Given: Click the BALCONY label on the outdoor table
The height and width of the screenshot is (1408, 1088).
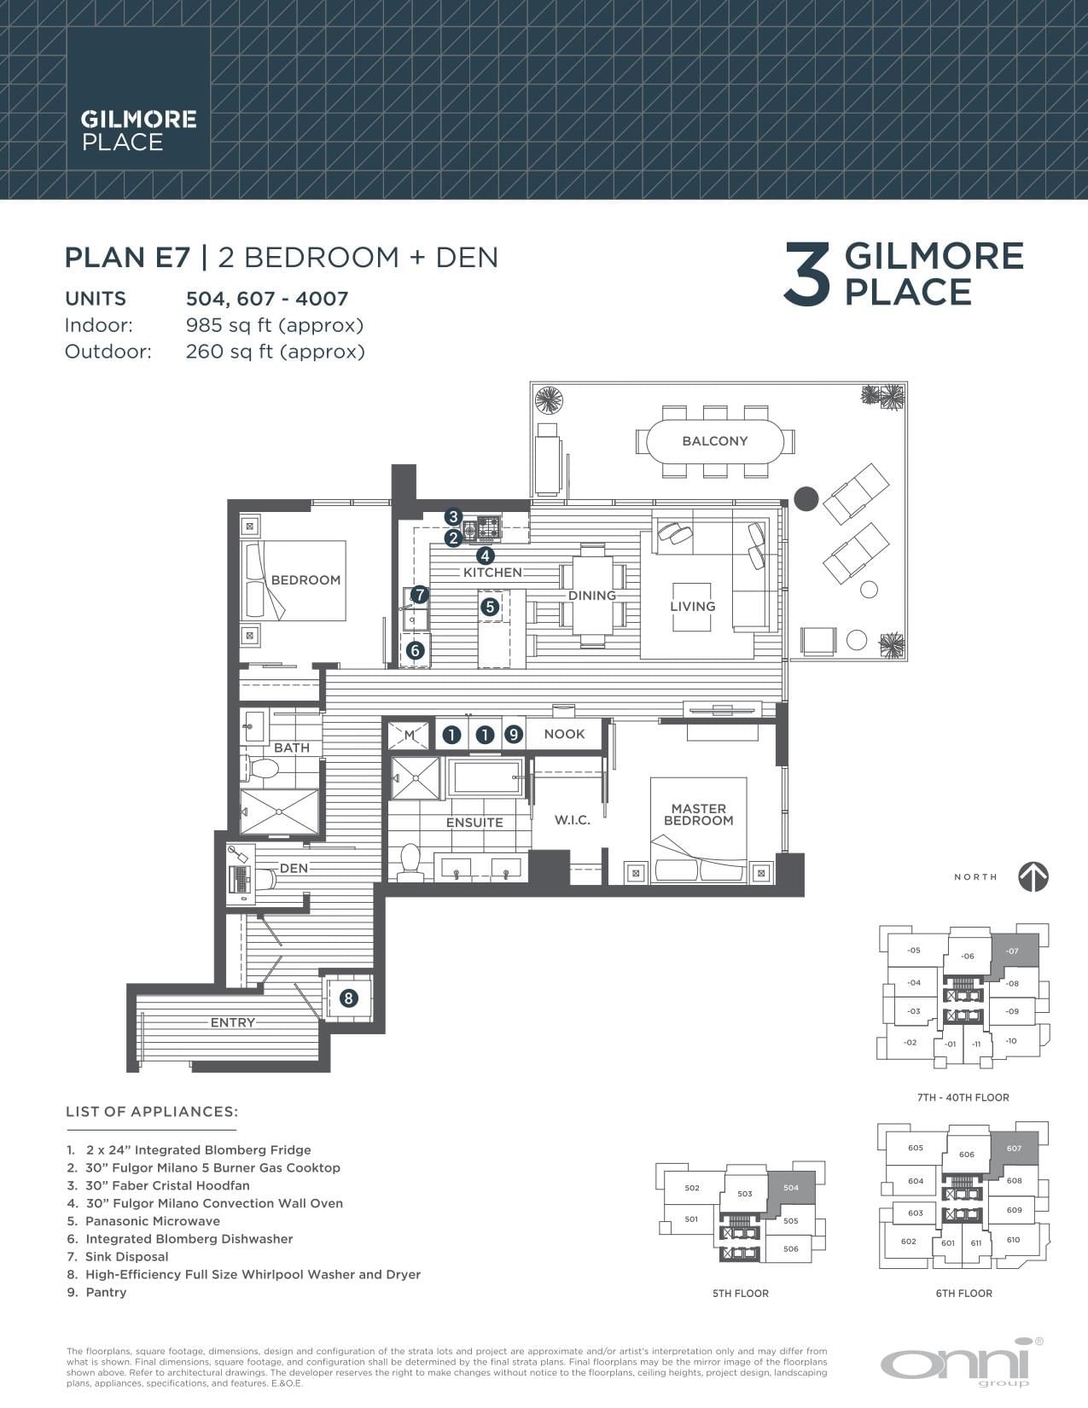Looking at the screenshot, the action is [x=715, y=441].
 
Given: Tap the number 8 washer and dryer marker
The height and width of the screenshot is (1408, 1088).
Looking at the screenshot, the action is [x=349, y=998].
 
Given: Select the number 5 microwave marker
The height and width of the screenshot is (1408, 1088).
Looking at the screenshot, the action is [x=490, y=607].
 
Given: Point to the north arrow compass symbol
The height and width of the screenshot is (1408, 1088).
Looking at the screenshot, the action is [x=1033, y=876].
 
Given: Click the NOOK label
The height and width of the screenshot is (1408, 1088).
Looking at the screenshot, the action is [x=564, y=734].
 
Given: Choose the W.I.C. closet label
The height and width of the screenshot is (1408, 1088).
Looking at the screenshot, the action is [x=573, y=820].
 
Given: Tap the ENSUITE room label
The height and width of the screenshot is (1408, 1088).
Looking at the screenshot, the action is [x=474, y=823].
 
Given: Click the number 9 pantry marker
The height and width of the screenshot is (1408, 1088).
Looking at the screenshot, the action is [x=514, y=734].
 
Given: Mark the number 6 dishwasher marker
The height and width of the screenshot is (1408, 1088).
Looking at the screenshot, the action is [x=416, y=650].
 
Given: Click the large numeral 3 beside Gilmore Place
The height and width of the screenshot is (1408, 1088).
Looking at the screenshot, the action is [x=806, y=273].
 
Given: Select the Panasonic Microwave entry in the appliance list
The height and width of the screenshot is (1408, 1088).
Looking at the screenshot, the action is [x=152, y=1221].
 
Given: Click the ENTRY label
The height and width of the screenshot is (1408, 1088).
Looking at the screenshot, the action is [x=233, y=1022].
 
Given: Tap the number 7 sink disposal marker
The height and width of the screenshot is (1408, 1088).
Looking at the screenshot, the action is [x=419, y=594].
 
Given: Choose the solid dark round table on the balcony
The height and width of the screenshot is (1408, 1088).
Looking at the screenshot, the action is [x=806, y=499].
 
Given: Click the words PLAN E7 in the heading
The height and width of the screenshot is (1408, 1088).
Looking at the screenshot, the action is [x=127, y=257].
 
